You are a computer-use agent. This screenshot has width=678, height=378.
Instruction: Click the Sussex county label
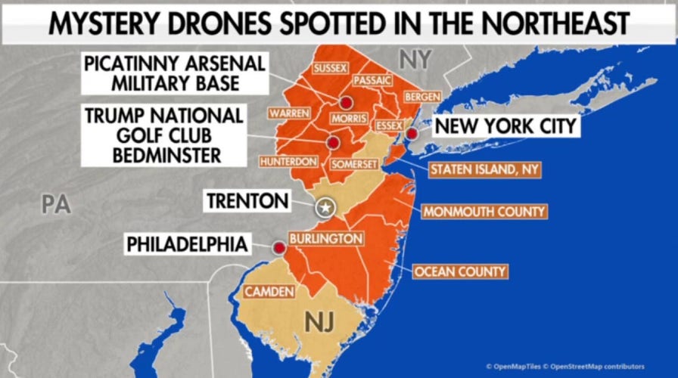pyautogui.click(x=330, y=68)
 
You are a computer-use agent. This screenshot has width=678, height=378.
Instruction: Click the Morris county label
pyautogui.click(x=348, y=119)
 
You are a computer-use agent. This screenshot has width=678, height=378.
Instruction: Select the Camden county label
pyautogui.click(x=266, y=291)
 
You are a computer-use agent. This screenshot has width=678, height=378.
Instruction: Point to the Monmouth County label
pyautogui.click(x=484, y=212)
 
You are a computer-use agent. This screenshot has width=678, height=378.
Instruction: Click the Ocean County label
pyautogui.click(x=459, y=271)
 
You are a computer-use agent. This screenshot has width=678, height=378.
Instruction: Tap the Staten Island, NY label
pyautogui.click(x=484, y=169)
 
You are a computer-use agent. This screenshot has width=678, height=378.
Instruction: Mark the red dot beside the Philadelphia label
pyautogui.click(x=279, y=247)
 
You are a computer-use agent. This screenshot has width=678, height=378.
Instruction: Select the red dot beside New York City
pyautogui.click(x=412, y=133)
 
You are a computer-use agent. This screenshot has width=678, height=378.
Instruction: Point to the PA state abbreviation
pyautogui.click(x=54, y=203)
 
